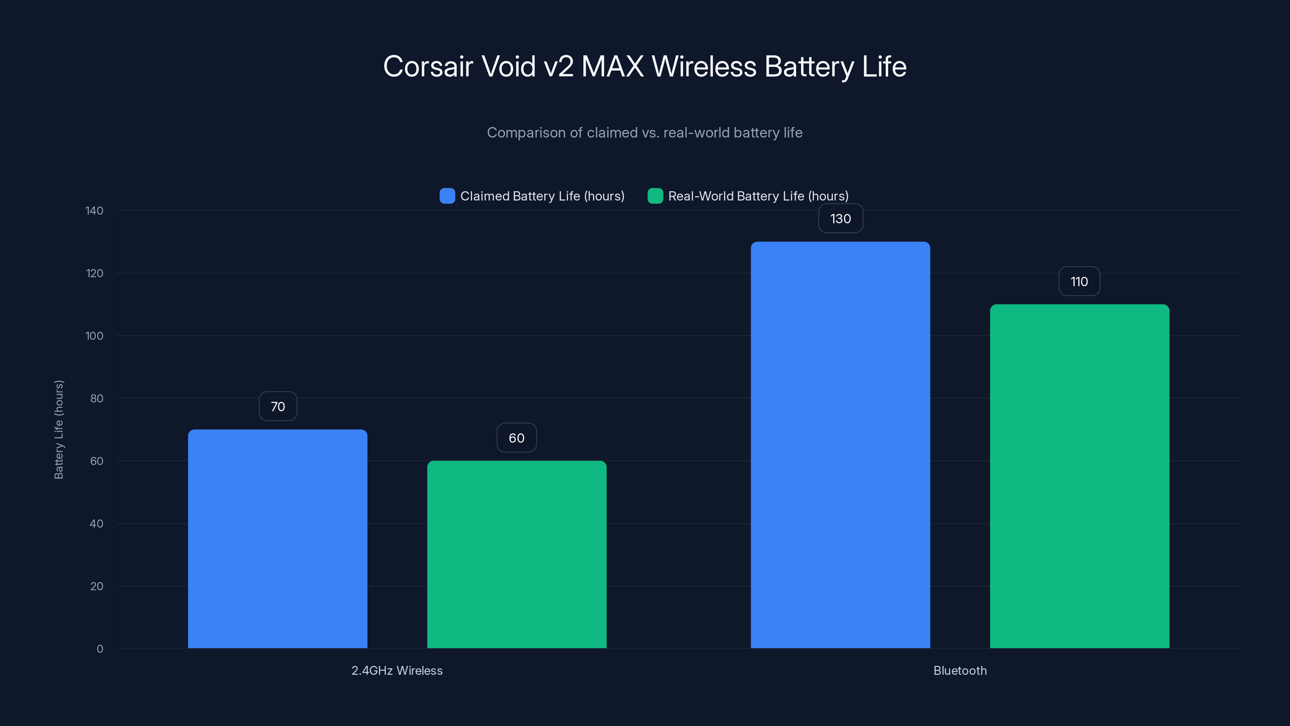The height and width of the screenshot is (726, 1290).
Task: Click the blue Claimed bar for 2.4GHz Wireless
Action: pyautogui.click(x=277, y=538)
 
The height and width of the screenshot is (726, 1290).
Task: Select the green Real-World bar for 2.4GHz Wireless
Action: pyautogui.click(x=516, y=554)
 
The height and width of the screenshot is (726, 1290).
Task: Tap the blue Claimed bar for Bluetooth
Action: pyautogui.click(x=840, y=445)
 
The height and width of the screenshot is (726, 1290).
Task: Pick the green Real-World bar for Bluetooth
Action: pyautogui.click(x=1079, y=476)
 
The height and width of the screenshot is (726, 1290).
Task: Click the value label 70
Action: pyautogui.click(x=278, y=406)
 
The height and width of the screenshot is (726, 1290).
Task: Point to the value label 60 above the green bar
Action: pyautogui.click(x=516, y=438)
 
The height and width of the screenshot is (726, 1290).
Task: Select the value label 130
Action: pyautogui.click(x=840, y=219)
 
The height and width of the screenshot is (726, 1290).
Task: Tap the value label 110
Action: pyautogui.click(x=1079, y=282)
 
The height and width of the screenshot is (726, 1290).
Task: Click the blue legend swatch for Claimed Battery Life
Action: pyautogui.click(x=447, y=196)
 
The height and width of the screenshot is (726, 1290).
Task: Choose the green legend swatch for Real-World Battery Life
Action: pyautogui.click(x=655, y=196)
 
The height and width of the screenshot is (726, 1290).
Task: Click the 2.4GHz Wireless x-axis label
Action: pyautogui.click(x=397, y=670)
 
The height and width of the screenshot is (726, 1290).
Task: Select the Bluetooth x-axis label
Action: pyautogui.click(x=960, y=670)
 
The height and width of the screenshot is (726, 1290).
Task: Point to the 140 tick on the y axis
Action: pyautogui.click(x=94, y=211)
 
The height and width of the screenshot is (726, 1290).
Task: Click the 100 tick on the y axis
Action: pyautogui.click(x=94, y=336)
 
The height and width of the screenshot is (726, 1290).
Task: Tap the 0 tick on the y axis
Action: pyautogui.click(x=100, y=649)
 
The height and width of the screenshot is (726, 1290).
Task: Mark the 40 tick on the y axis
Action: pyautogui.click(x=96, y=524)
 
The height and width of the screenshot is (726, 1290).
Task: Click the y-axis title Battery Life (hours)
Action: pyautogui.click(x=58, y=430)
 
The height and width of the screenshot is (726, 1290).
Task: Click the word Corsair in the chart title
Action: pyautogui.click(x=428, y=66)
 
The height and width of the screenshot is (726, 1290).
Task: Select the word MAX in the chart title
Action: pyautogui.click(x=612, y=66)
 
